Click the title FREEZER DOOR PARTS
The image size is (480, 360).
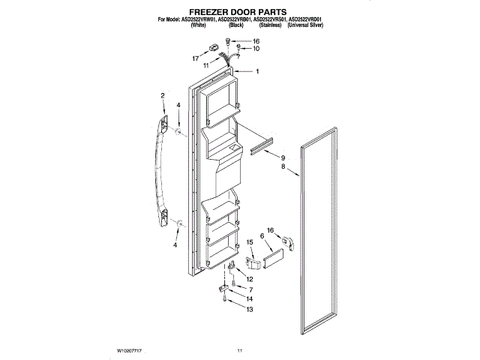(x=239, y=12)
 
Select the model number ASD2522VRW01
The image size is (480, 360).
(x=196, y=19)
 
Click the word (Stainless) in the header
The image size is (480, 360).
(x=268, y=25)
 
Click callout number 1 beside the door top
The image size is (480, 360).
(x=257, y=72)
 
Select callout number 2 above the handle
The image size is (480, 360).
(x=163, y=95)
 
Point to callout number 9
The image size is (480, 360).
(x=283, y=159)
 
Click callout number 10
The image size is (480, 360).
(x=256, y=49)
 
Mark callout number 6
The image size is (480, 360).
(x=262, y=235)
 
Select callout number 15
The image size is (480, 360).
(x=250, y=242)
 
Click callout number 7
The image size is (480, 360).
(x=250, y=289)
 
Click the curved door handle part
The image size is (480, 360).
(x=159, y=169)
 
